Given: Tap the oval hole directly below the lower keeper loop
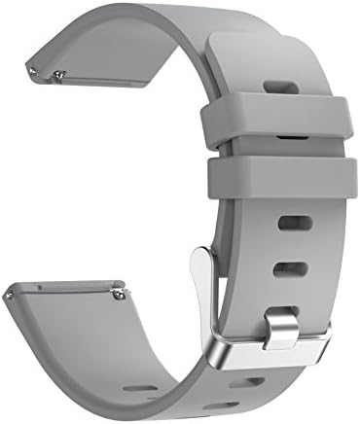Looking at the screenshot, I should [x=292, y=223].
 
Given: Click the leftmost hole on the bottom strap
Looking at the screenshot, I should [x=141, y=388].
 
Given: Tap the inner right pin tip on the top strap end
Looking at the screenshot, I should [x=60, y=75].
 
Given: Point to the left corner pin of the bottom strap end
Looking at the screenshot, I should [x=12, y=291].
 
